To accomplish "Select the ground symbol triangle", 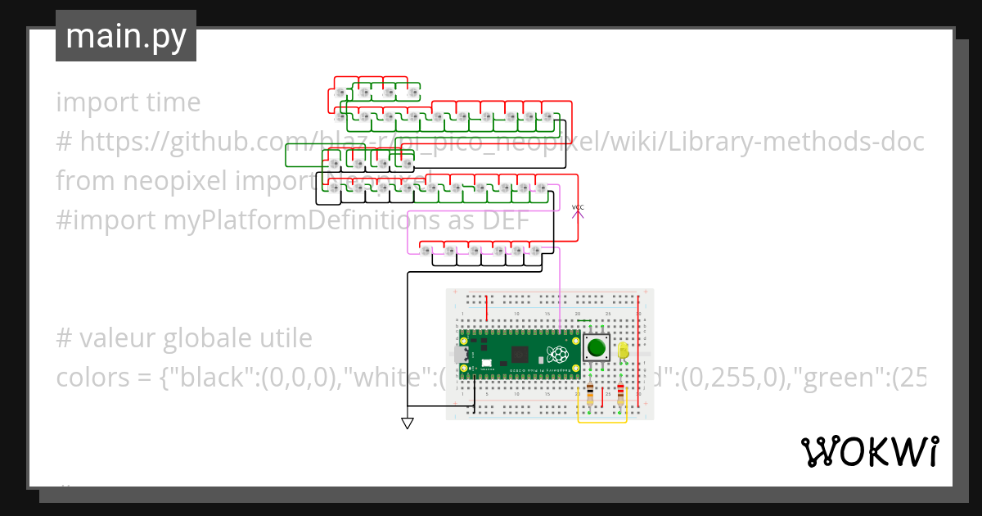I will [407, 423].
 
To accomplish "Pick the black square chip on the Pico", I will [519, 355].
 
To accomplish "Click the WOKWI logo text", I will [869, 451].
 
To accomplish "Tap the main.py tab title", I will [125, 36].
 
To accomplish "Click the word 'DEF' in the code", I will [504, 220].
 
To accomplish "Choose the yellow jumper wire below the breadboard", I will [602, 422].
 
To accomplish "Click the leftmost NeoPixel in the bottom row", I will [426, 250].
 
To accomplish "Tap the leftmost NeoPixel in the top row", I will [341, 93].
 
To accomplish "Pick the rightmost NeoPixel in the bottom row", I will [535, 250].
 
